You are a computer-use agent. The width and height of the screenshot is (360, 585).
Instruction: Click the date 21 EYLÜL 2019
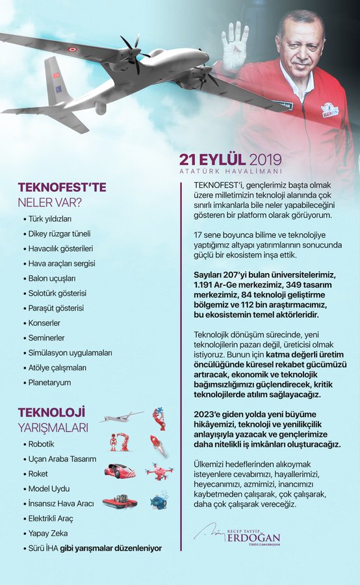tap(231, 159)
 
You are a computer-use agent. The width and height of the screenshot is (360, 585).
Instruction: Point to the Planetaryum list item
tap(49, 383)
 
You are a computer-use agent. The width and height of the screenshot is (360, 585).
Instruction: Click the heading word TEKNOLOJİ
tap(51, 413)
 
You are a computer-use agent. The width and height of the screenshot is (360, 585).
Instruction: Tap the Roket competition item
tap(38, 473)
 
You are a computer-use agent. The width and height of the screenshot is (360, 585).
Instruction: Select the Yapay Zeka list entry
tap(47, 533)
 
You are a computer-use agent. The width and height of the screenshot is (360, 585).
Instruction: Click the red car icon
tap(120, 471)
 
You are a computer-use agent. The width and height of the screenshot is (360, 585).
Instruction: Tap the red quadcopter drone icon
tap(159, 471)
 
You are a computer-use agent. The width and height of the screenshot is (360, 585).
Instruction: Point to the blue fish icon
tap(159, 501)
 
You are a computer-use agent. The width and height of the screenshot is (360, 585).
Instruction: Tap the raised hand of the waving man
tap(235, 45)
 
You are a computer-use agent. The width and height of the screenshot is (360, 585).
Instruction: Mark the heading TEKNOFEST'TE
tap(62, 187)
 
